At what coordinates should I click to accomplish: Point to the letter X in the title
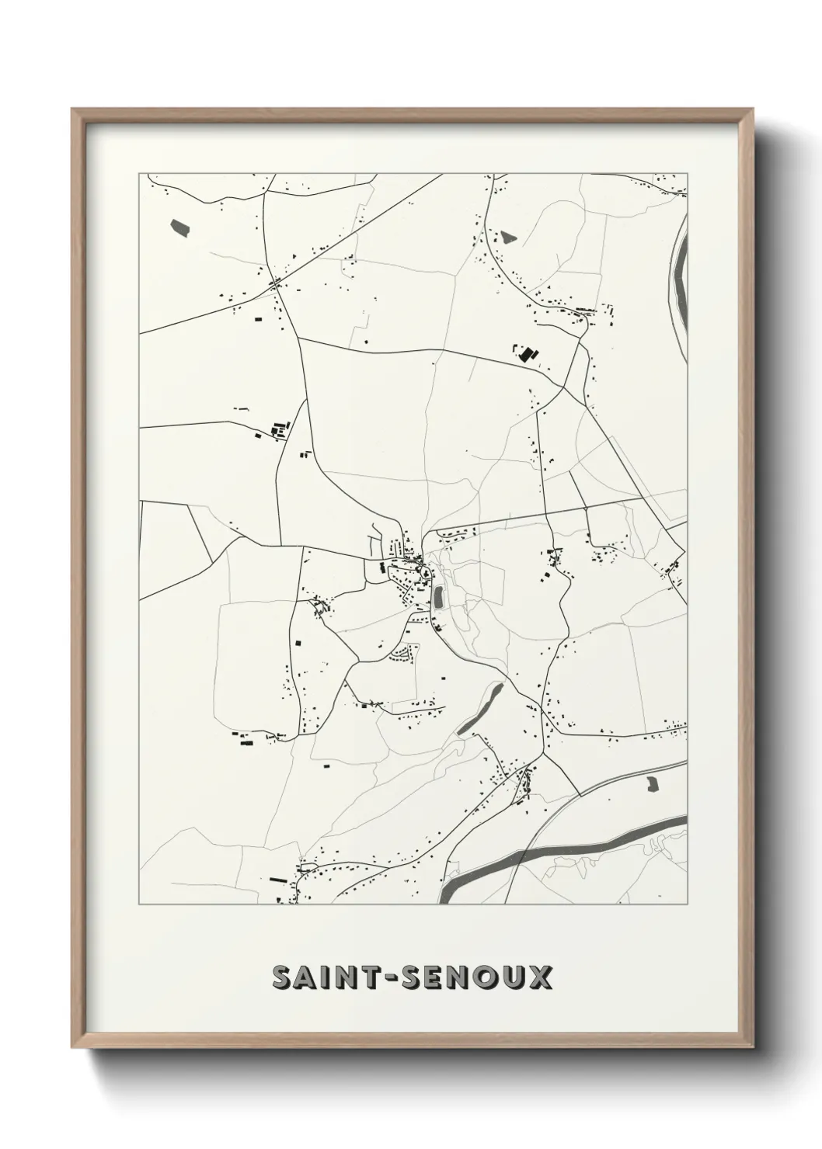[x=542, y=977]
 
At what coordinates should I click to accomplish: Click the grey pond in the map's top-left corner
[x=179, y=227]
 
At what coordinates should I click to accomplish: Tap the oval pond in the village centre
[x=438, y=597]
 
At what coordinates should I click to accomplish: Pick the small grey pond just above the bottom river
[x=651, y=784]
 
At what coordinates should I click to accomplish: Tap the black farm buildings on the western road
[x=276, y=429]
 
